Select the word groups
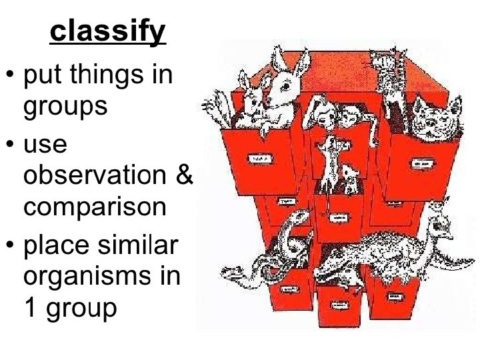(x=65, y=105)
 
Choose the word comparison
(x=95, y=207)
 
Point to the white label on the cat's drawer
(x=421, y=162)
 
